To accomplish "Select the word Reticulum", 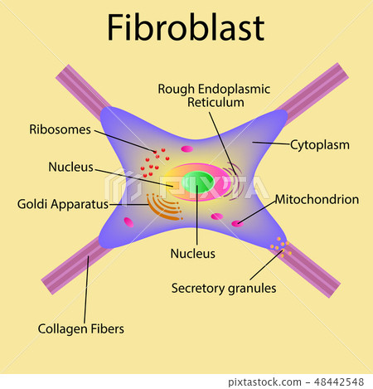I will click(x=216, y=102).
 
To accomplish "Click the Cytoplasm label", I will click(x=319, y=144).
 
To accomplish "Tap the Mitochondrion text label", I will click(x=317, y=199).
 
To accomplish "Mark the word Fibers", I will click(x=109, y=328).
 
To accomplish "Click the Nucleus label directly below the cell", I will click(x=192, y=253).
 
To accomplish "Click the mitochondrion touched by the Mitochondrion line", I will click(x=238, y=222).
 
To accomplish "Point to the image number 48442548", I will click(x=339, y=381).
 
